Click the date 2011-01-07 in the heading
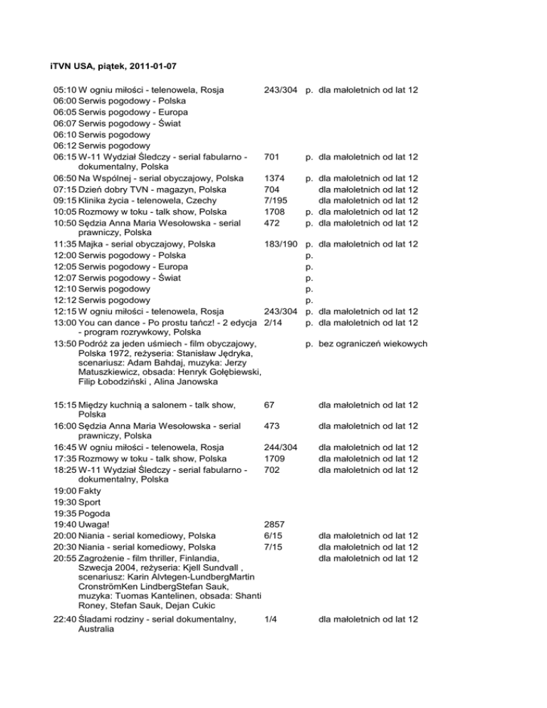(152, 67)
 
